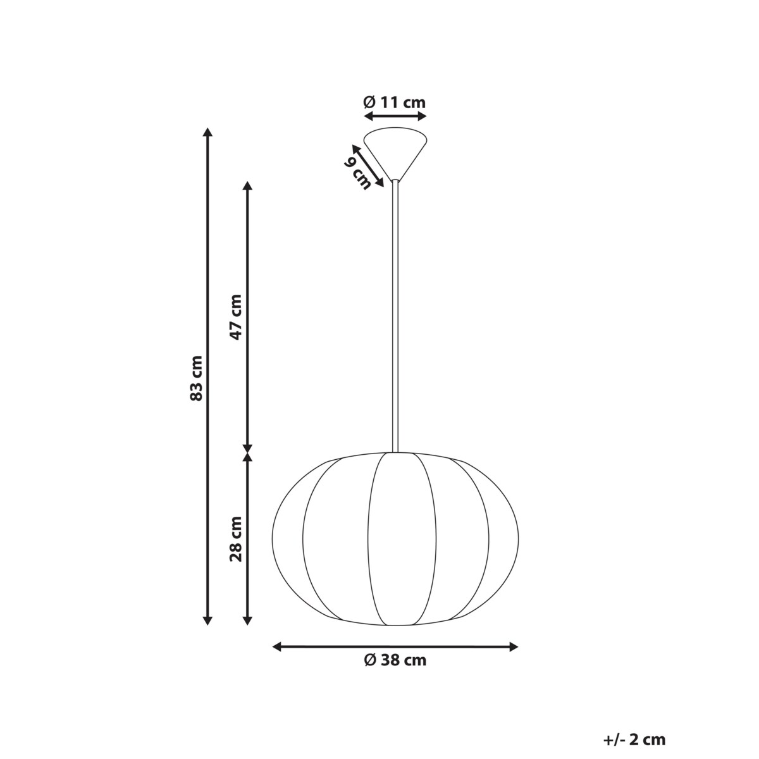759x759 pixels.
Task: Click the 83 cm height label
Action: (x=197, y=378)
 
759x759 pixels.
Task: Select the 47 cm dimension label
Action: (x=236, y=317)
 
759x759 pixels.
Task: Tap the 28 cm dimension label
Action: (x=236, y=539)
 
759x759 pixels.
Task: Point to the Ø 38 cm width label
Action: (x=395, y=660)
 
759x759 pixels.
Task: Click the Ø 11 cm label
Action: (x=395, y=102)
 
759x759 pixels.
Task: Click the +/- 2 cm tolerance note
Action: (x=634, y=739)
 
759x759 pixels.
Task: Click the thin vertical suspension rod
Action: (x=395, y=316)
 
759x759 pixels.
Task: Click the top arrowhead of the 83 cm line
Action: (x=207, y=133)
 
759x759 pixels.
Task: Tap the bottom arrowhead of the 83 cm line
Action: (x=207, y=620)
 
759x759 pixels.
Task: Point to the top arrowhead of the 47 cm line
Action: (x=248, y=187)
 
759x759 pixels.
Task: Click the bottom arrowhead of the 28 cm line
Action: (x=248, y=620)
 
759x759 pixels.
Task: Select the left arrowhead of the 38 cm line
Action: (x=277, y=646)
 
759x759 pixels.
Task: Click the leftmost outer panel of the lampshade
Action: (x=287, y=538)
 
